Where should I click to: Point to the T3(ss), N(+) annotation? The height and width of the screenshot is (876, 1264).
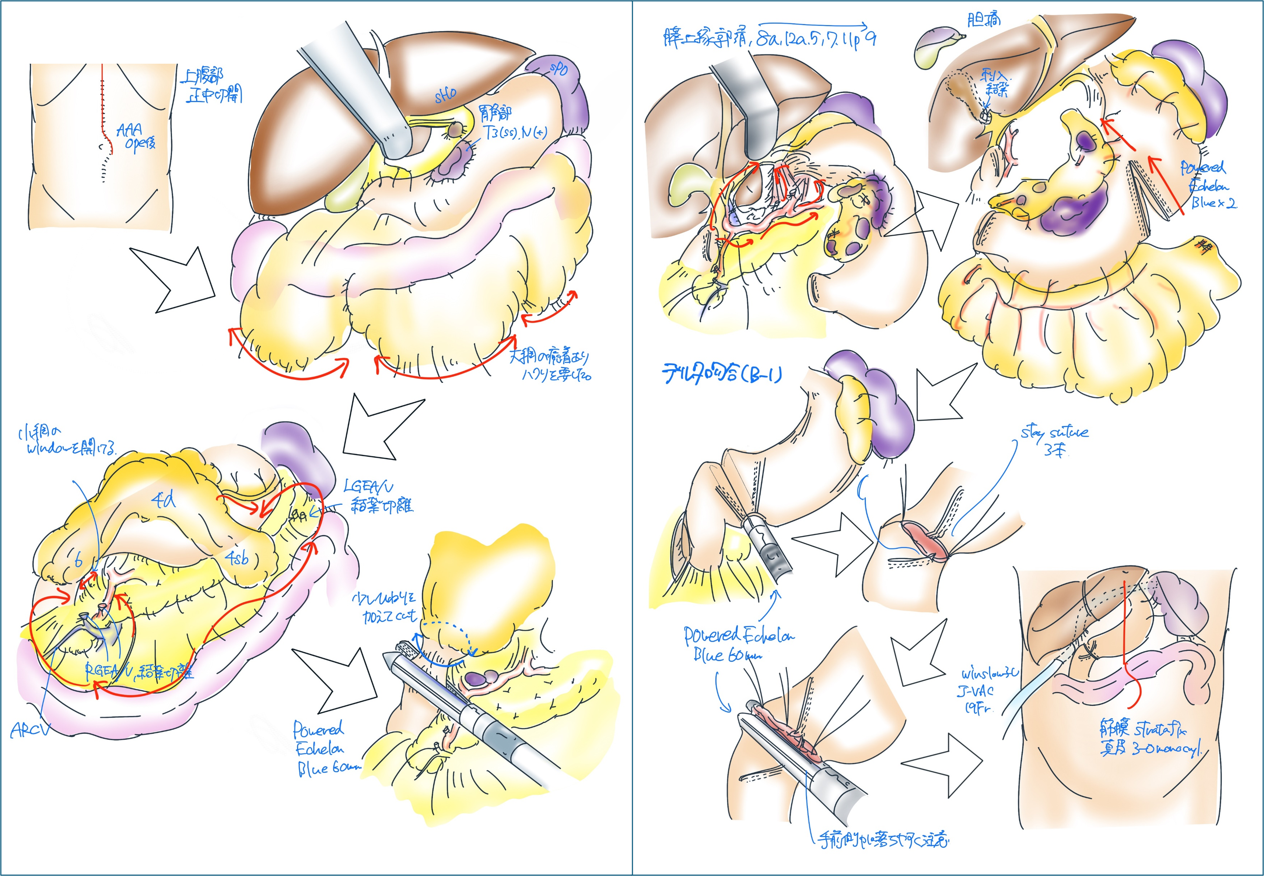tap(515, 132)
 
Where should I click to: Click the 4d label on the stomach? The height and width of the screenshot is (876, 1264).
tap(163, 500)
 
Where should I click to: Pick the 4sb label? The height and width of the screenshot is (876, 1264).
tap(237, 558)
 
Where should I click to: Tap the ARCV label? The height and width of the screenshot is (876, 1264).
tap(30, 730)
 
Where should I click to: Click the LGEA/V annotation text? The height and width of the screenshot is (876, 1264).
tap(368, 486)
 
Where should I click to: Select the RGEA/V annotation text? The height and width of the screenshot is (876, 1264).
tap(110, 671)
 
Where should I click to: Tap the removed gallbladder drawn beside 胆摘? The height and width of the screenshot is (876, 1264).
tap(936, 47)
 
